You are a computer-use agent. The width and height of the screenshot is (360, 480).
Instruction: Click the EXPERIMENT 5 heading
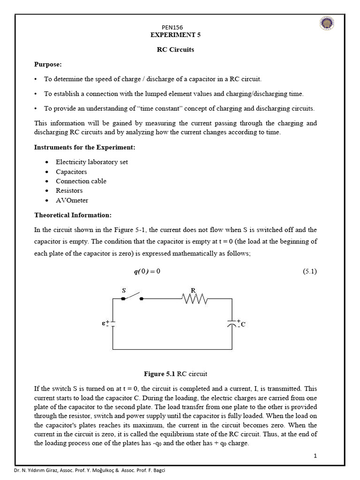coord(175,35)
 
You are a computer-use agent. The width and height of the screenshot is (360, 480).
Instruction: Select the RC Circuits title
coord(175,50)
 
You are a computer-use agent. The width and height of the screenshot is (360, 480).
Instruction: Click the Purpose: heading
coord(48,64)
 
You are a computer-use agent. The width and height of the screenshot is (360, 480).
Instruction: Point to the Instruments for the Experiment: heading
coord(85,147)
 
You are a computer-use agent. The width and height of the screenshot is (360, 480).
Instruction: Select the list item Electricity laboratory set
coord(92,162)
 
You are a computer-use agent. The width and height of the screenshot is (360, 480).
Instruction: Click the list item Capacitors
coord(71,172)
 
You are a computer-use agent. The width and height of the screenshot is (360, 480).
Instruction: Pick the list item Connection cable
coord(81,181)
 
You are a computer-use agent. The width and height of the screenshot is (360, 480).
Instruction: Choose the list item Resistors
coord(69,190)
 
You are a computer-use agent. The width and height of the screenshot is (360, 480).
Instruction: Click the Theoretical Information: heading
coord(73,215)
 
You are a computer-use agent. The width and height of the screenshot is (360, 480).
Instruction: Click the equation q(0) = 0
coord(147,272)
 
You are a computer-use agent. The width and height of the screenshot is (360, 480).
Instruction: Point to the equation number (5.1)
coord(310,271)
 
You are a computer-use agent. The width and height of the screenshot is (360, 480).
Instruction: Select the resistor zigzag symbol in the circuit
coord(194,298)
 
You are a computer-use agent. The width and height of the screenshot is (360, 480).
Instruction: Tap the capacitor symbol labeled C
coord(232,323)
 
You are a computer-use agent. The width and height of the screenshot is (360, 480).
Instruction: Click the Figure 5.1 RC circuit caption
coord(175,374)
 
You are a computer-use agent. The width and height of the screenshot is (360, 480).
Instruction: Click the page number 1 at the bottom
coord(315,456)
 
